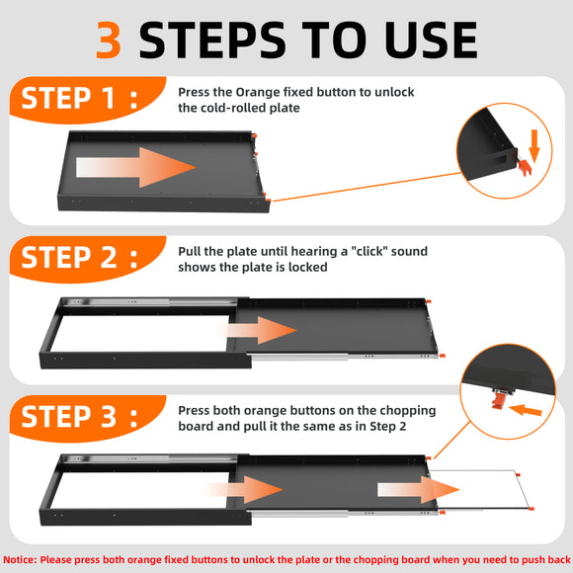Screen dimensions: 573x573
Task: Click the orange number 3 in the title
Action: click(109, 40)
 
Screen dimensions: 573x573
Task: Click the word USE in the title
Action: click(431, 40)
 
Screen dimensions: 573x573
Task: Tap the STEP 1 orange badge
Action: click(88, 100)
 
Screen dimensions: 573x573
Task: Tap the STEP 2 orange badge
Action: click(88, 259)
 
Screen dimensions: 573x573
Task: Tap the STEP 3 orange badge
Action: click(88, 418)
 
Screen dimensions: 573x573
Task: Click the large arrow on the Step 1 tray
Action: click(136, 168)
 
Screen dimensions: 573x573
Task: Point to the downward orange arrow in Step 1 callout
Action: click(534, 146)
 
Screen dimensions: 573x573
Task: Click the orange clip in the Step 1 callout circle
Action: click(525, 167)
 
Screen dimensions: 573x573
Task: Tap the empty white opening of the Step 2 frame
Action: click(140, 334)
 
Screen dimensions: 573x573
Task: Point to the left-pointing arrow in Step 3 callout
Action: click(525, 410)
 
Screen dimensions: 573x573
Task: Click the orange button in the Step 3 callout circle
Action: click(497, 400)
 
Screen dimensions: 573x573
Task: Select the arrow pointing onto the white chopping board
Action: click(418, 490)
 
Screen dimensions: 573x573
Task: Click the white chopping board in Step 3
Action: click(479, 489)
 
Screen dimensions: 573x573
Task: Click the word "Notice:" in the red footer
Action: click(20, 560)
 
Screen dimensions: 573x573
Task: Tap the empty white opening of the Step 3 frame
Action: click(140, 490)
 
